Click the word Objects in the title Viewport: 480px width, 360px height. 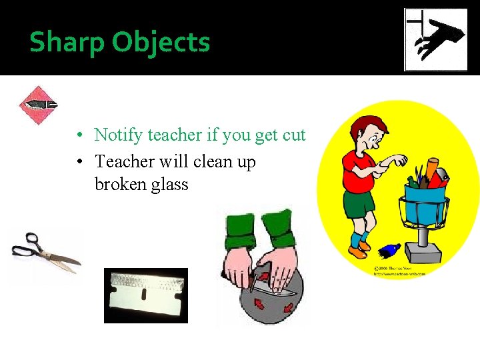click(x=161, y=42)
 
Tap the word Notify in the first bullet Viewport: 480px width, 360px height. click(x=119, y=135)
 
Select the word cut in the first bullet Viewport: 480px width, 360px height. click(x=294, y=135)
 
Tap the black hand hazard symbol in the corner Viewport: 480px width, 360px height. click(x=436, y=40)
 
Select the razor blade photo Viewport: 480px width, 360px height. click(x=145, y=295)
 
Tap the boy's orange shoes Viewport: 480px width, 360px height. click(x=360, y=249)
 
